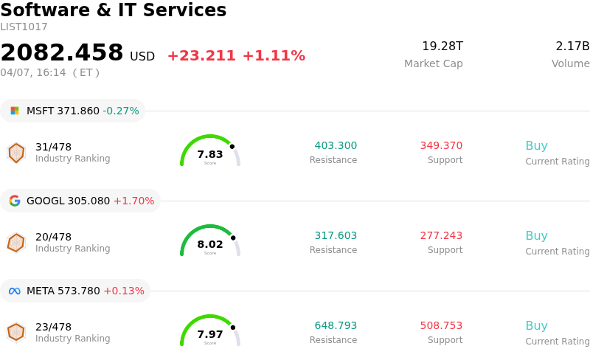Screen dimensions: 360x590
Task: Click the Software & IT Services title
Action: (x=114, y=10)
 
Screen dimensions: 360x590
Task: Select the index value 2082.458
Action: (x=62, y=53)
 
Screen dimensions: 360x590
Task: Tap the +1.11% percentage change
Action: (x=274, y=56)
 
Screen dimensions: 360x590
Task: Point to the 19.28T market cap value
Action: (x=442, y=46)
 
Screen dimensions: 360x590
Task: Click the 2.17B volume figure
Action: (x=572, y=46)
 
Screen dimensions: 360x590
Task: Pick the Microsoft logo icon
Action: (x=15, y=111)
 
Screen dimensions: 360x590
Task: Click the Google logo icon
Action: (x=15, y=201)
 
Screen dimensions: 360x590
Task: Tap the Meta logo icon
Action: (x=15, y=291)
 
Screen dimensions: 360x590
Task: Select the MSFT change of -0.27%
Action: (x=121, y=111)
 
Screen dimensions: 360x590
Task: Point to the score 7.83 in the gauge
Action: (x=210, y=154)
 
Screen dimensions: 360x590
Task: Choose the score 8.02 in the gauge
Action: (x=210, y=244)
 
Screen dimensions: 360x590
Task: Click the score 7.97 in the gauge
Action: (x=210, y=334)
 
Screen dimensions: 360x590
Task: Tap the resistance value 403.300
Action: (x=336, y=146)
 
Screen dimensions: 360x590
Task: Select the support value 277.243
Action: (x=441, y=236)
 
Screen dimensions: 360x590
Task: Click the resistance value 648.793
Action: (x=336, y=326)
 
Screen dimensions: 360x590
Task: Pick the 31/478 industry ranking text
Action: (x=54, y=147)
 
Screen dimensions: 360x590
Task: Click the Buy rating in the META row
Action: (x=536, y=326)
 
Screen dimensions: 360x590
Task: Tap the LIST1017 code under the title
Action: (x=24, y=27)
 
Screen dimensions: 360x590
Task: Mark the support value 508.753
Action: (x=441, y=326)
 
